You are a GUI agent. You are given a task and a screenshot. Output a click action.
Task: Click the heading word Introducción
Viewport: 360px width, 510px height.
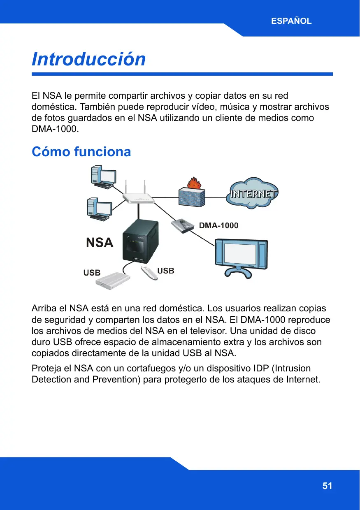[89, 59]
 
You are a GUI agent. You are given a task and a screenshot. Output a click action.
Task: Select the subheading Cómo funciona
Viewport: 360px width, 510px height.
[81, 152]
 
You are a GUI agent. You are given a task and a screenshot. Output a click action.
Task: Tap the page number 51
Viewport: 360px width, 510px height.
[327, 486]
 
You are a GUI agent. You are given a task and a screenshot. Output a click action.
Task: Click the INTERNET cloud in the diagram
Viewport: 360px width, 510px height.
[253, 194]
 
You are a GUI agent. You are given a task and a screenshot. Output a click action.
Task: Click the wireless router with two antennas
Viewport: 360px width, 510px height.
[139, 197]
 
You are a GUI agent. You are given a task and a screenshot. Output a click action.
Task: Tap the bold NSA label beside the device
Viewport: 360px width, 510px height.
[100, 243]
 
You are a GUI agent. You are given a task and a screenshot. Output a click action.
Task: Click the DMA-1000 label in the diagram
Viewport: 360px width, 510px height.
[218, 226]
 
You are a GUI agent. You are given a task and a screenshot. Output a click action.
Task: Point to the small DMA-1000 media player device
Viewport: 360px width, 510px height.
[182, 226]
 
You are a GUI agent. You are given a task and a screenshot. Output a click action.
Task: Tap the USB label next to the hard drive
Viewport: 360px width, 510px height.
[92, 273]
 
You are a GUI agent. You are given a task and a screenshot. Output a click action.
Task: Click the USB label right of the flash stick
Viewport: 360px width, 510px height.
[166, 271]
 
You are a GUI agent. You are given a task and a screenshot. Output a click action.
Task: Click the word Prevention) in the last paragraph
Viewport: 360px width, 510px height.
[120, 379]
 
